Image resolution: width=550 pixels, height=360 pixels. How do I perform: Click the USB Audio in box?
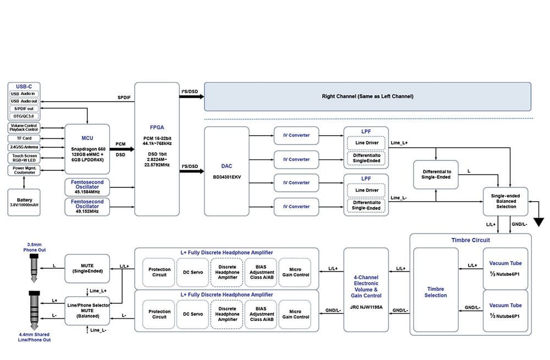coord(24,94)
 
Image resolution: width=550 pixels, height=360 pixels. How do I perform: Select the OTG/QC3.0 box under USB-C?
coord(24,116)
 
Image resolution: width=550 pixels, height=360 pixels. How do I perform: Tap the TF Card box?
coord(24,138)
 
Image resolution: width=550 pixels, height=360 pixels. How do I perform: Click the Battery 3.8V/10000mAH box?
coord(24,203)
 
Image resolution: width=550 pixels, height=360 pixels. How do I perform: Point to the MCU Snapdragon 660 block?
coord(87,149)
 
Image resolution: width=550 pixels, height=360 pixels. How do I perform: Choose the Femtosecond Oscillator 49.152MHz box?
coord(87,207)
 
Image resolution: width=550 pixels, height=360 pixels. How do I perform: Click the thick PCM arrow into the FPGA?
coord(122,149)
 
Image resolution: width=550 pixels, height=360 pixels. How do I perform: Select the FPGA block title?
coord(157,128)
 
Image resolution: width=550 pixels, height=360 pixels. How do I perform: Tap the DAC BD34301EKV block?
coord(227,171)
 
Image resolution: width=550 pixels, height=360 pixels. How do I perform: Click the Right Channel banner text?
coord(367,96)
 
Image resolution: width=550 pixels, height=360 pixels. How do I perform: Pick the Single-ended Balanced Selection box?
coord(505,202)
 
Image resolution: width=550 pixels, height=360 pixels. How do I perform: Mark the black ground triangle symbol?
coord(539,222)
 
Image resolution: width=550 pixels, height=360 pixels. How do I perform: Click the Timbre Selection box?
coord(436,290)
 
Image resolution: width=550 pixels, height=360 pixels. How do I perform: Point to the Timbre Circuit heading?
coord(470,240)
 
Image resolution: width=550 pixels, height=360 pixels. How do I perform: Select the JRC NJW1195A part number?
coord(366,307)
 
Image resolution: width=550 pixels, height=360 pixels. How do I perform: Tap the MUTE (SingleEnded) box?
coord(87,269)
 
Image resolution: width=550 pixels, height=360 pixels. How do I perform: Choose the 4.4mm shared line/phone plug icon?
coord(34,311)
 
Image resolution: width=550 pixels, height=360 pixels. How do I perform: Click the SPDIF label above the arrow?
coord(124,97)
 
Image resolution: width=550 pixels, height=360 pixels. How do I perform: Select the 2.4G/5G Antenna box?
coord(24,147)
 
